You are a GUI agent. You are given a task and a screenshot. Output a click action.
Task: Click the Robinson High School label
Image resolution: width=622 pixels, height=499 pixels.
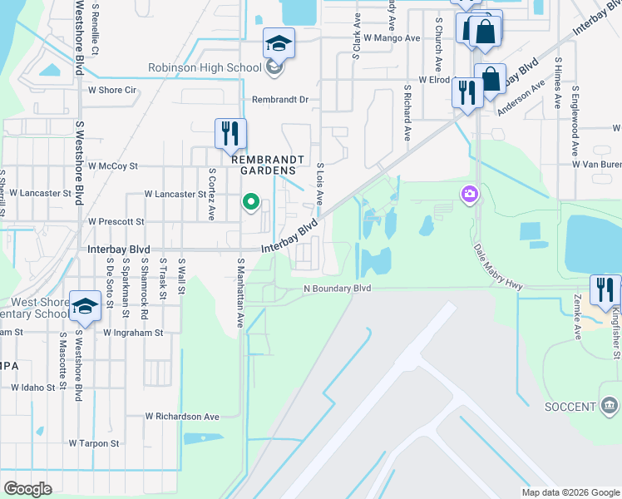pos(204,68)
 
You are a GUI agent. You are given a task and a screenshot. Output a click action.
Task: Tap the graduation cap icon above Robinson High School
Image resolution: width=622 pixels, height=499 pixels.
pos(279,43)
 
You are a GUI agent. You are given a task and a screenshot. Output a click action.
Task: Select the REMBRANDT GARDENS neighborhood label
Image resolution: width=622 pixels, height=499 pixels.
pos(263,164)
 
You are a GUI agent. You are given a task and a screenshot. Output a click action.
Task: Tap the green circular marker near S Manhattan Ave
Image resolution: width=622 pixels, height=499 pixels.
pos(249,201)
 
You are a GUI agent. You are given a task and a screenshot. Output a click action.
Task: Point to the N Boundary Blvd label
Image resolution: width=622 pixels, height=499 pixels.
pos(337,289)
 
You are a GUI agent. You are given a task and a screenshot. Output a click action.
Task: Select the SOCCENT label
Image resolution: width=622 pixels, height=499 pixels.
pos(571,407)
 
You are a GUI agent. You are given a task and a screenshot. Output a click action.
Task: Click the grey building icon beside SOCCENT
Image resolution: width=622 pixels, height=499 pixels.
pos(609,406)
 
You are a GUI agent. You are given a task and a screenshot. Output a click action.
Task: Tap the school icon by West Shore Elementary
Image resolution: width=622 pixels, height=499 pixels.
pos(85,306)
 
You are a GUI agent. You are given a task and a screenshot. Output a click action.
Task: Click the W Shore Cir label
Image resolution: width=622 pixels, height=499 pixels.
pos(112,91)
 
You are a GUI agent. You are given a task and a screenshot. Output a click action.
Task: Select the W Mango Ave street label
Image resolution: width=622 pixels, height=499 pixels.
pos(392,38)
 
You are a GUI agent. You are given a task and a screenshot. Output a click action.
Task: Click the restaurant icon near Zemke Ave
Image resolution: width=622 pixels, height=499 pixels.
pos(605,290)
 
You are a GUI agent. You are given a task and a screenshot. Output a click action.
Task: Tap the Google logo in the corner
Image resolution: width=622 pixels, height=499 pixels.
pos(27,488)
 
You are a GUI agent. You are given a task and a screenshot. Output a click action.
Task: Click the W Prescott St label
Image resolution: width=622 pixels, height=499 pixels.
pos(116,222)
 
